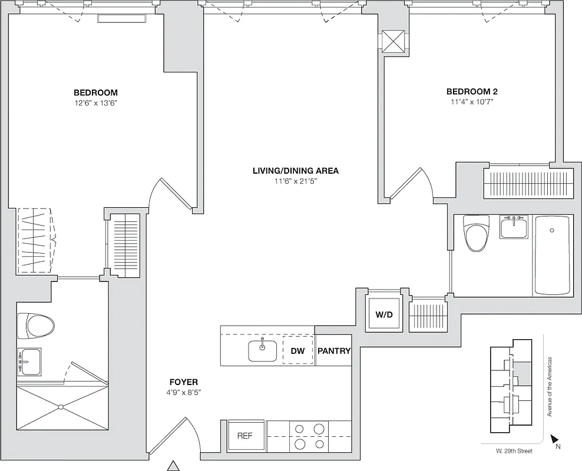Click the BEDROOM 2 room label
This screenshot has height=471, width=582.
(472, 91)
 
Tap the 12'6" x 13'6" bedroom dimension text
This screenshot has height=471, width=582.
(95, 103)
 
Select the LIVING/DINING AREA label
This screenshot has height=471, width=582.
(295, 171)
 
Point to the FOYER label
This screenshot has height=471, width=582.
(183, 382)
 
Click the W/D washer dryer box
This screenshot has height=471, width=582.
(383, 314)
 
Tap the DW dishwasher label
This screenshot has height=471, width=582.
(297, 351)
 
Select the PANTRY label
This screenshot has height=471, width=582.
(334, 351)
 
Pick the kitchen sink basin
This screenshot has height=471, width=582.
(262, 351)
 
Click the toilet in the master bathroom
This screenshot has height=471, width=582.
(35, 326)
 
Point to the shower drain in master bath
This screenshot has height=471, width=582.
(61, 407)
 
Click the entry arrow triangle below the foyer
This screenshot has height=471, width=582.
(173, 466)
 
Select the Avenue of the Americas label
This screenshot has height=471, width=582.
(549, 386)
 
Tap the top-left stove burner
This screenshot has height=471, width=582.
(299, 429)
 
